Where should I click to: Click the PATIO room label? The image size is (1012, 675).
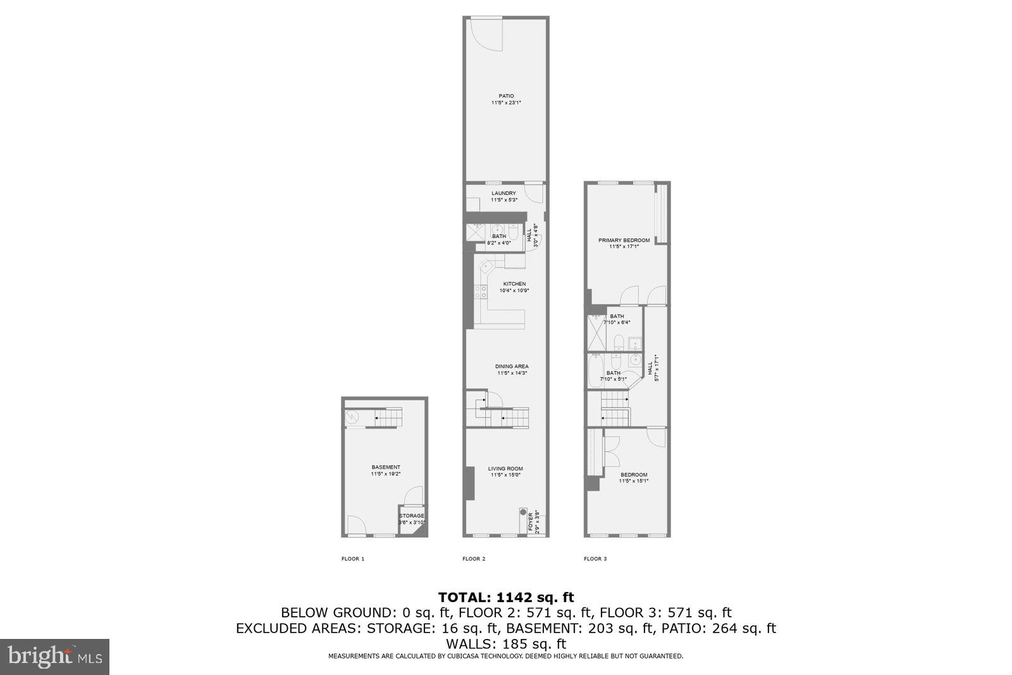[506, 96]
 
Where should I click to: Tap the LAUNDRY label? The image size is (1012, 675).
[503, 193]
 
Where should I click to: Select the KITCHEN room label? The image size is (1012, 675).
[514, 284]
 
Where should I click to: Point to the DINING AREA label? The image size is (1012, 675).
[512, 366]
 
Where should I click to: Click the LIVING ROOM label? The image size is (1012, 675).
[505, 469]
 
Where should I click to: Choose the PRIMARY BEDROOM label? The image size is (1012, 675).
[624, 240]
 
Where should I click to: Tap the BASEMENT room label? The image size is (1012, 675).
[386, 467]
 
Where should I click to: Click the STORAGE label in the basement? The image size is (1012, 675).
[412, 515]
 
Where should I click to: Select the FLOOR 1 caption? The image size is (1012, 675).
[353, 558]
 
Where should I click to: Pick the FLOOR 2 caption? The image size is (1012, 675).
[474, 558]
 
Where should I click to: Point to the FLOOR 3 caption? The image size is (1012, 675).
[595, 558]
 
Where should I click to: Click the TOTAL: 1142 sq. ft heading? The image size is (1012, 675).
[506, 596]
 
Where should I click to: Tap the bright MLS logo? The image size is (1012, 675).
[55, 657]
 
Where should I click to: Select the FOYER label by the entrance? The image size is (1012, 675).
[530, 523]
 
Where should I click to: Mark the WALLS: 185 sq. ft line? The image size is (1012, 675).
[506, 644]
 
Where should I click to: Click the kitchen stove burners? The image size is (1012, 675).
[481, 291]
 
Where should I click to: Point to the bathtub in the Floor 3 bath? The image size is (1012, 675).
[595, 372]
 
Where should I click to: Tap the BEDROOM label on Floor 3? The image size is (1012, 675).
[633, 475]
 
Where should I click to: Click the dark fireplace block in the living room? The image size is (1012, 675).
[469, 483]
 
